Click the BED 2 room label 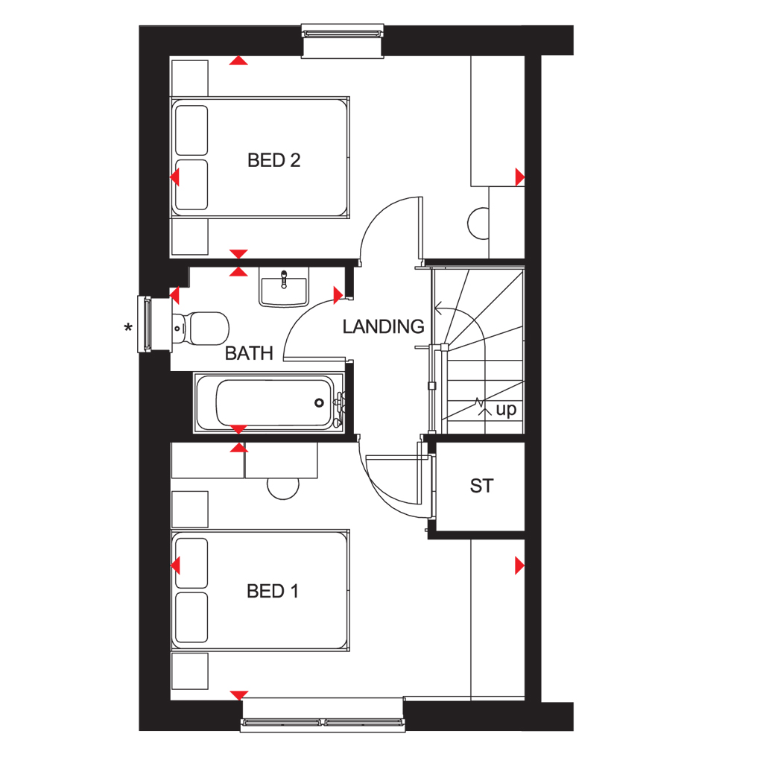(x=273, y=160)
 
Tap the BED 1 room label (x=273, y=592)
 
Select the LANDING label (x=383, y=326)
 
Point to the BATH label (x=249, y=353)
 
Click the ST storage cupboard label (x=481, y=486)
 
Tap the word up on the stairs (x=506, y=410)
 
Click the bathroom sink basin (x=284, y=289)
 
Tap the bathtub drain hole (x=320, y=403)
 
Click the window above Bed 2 (x=342, y=33)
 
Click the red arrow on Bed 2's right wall (x=519, y=177)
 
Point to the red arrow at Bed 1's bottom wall (x=238, y=695)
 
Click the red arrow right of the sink (x=338, y=296)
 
